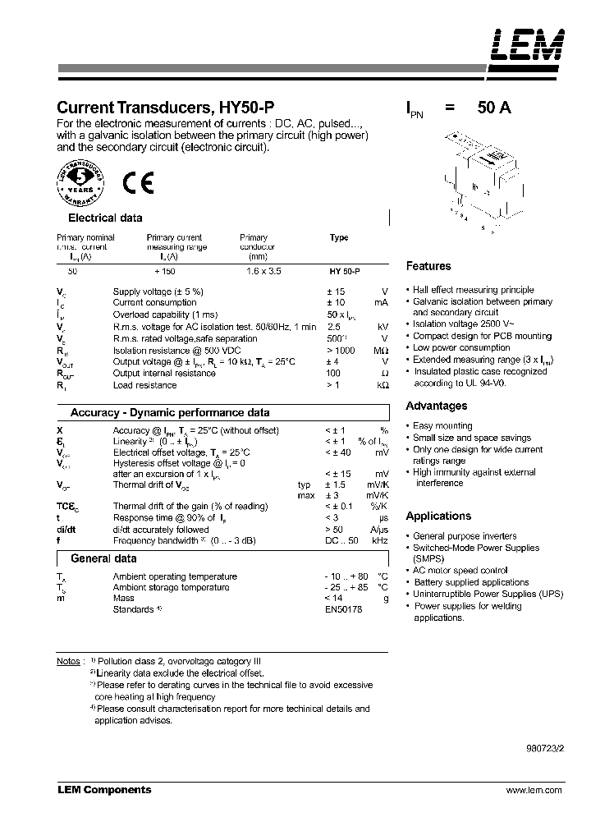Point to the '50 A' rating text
click(491, 108)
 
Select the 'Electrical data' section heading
click(104, 218)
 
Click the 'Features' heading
click(428, 266)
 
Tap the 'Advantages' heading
click(437, 406)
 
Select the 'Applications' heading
click(438, 516)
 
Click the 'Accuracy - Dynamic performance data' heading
click(170, 413)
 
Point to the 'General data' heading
click(103, 558)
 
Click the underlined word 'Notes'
click(68, 661)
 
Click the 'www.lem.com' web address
click(534, 790)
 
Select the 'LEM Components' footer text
click(104, 790)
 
